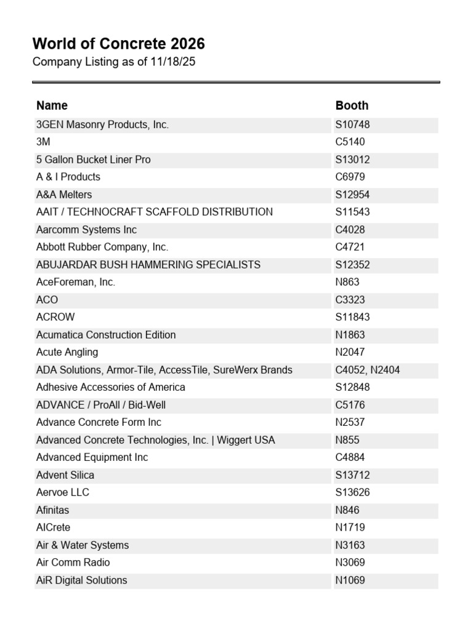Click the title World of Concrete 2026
pyautogui.click(x=118, y=44)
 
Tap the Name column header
pyautogui.click(x=52, y=105)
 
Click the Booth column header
pyautogui.click(x=352, y=105)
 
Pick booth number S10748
pyautogui.click(x=352, y=124)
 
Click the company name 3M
pyautogui.click(x=43, y=142)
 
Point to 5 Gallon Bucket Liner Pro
pyautogui.click(x=93, y=160)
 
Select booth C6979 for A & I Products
pyautogui.click(x=350, y=177)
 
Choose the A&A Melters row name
pyautogui.click(x=64, y=195)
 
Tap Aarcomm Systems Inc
pyautogui.click(x=86, y=230)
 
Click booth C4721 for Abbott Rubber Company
pyautogui.click(x=350, y=247)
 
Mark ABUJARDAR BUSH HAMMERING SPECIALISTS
pyautogui.click(x=148, y=265)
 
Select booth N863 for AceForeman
pyautogui.click(x=347, y=282)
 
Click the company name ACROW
pyautogui.click(x=55, y=317)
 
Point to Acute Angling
pyautogui.click(x=67, y=352)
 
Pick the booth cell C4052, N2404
pyautogui.click(x=368, y=370)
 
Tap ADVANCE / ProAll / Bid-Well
pyautogui.click(x=101, y=405)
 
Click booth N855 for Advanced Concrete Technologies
pyautogui.click(x=347, y=441)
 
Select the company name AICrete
pyautogui.click(x=53, y=527)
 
